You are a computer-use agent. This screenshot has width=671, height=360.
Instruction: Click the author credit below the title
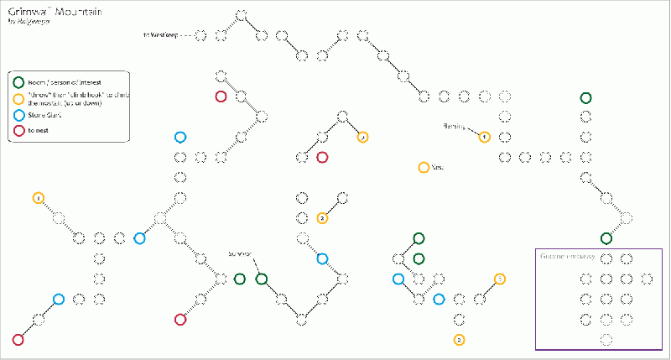click(x=29, y=23)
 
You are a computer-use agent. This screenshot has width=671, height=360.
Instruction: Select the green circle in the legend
click(x=19, y=82)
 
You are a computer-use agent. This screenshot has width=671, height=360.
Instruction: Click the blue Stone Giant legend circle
click(x=19, y=115)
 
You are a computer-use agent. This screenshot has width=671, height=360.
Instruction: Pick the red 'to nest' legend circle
click(x=19, y=131)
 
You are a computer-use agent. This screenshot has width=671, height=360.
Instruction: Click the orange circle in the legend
click(x=19, y=98)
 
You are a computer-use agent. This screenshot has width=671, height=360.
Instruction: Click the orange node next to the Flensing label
click(x=484, y=137)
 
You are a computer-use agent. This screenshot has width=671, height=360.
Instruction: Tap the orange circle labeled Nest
click(x=424, y=168)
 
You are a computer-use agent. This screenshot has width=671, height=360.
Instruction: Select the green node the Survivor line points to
click(x=261, y=279)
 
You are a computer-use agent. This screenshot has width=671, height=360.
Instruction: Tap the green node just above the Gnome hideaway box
click(x=606, y=238)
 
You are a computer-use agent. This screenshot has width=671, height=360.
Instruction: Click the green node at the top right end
click(x=585, y=98)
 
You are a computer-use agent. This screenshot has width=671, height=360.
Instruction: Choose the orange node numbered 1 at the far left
click(x=38, y=198)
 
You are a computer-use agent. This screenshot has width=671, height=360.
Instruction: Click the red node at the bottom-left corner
click(x=18, y=340)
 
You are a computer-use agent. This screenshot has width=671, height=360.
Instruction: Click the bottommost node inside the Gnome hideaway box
click(x=606, y=340)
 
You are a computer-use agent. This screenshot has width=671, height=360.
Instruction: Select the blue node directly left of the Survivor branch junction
click(x=140, y=238)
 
